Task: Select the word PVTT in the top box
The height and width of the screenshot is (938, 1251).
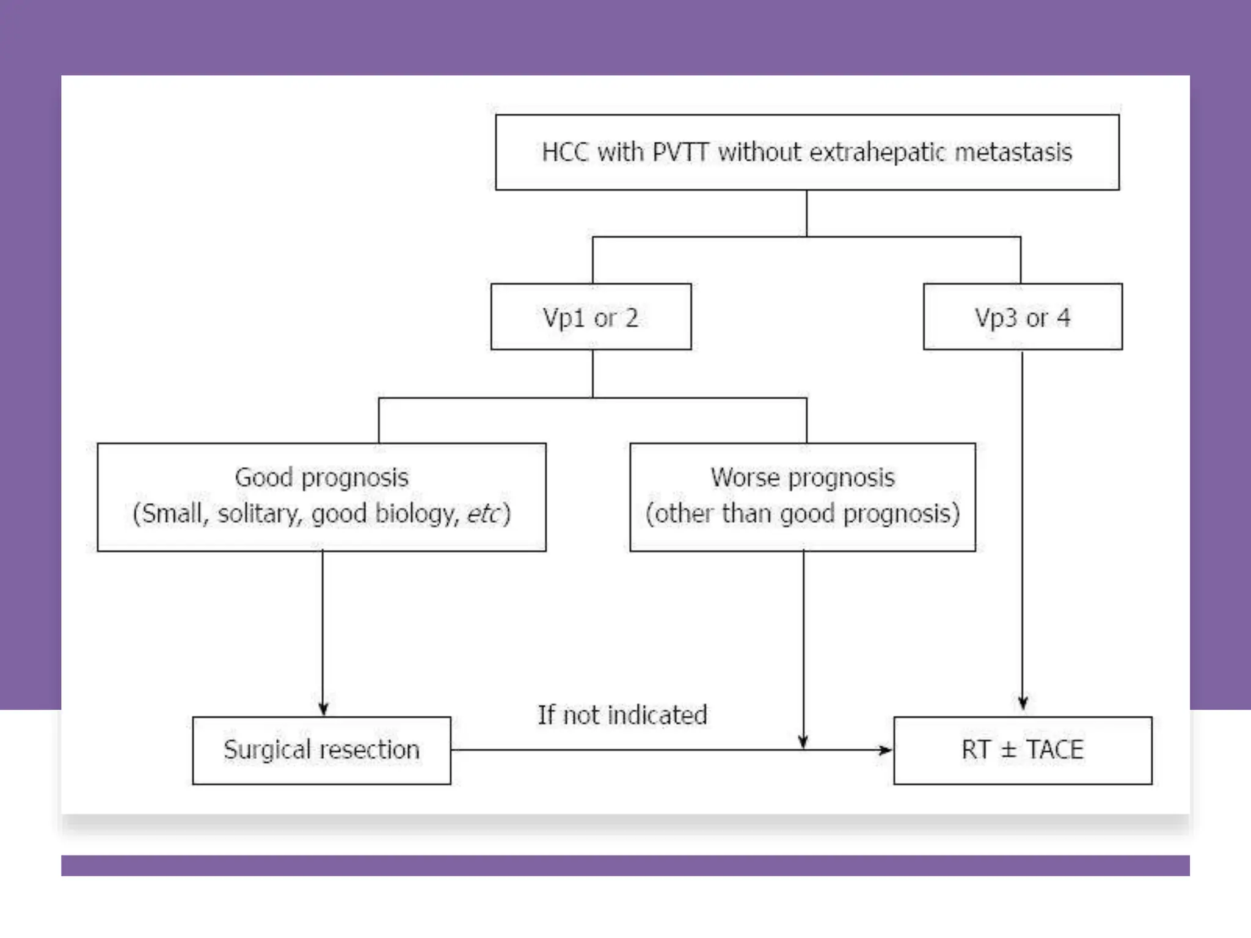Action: click(680, 152)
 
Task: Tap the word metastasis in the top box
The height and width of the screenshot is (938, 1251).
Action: click(1013, 152)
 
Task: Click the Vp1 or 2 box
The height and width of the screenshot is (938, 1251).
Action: click(591, 317)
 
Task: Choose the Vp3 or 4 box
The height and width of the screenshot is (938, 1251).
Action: click(1022, 317)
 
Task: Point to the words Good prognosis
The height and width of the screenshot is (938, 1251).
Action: click(321, 478)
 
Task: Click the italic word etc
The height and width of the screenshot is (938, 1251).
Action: click(483, 514)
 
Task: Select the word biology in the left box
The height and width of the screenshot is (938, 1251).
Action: click(416, 514)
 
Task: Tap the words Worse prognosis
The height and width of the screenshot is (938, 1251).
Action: click(802, 478)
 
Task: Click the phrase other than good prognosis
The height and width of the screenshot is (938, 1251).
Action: click(802, 514)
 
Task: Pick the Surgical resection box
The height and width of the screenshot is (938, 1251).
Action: click(321, 750)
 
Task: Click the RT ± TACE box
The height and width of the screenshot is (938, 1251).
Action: click(1022, 750)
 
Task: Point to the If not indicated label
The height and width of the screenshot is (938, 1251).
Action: click(622, 715)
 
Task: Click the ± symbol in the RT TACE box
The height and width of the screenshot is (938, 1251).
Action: click(1008, 750)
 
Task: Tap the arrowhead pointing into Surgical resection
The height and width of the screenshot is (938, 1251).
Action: click(323, 708)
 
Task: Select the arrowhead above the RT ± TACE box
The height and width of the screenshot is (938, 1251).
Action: click(1023, 702)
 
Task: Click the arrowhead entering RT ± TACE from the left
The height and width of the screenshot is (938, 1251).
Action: click(885, 750)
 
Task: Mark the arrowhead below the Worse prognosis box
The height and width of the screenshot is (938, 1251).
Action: click(803, 741)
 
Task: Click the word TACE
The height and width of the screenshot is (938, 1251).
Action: click(1054, 750)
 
